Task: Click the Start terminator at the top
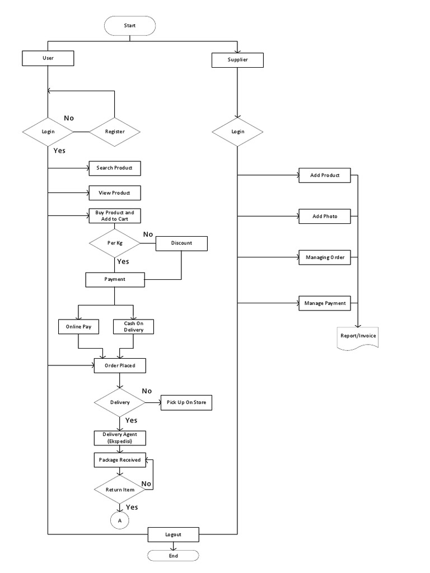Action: point(130,25)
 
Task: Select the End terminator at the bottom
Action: point(173,556)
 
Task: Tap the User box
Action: point(48,58)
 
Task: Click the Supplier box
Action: point(237,60)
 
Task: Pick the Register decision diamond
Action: point(115,132)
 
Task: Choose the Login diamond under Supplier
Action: point(237,131)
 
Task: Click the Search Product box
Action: point(114,168)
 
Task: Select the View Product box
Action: point(114,193)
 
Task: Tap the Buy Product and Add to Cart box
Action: point(114,215)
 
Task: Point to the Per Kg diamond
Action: point(114,243)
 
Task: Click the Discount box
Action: point(181,243)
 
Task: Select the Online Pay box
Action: point(78,326)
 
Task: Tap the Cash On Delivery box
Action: point(133,326)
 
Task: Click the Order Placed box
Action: point(120,365)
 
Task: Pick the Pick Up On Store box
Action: point(186,403)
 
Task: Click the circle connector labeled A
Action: point(119,520)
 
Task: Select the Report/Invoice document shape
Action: point(358,337)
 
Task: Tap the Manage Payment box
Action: point(325,303)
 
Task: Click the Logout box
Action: point(173,534)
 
